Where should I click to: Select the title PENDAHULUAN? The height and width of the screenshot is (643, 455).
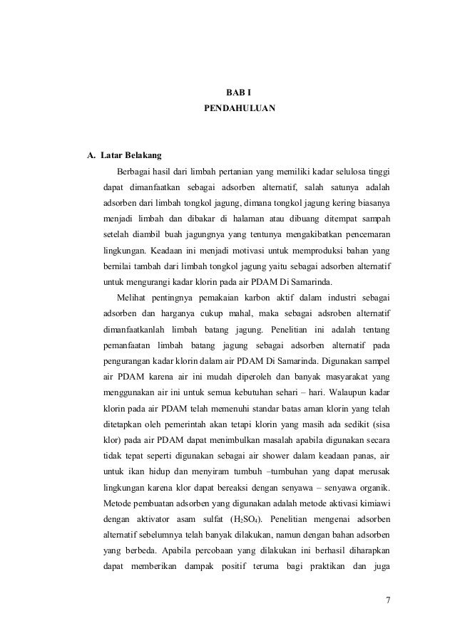(x=235, y=110)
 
